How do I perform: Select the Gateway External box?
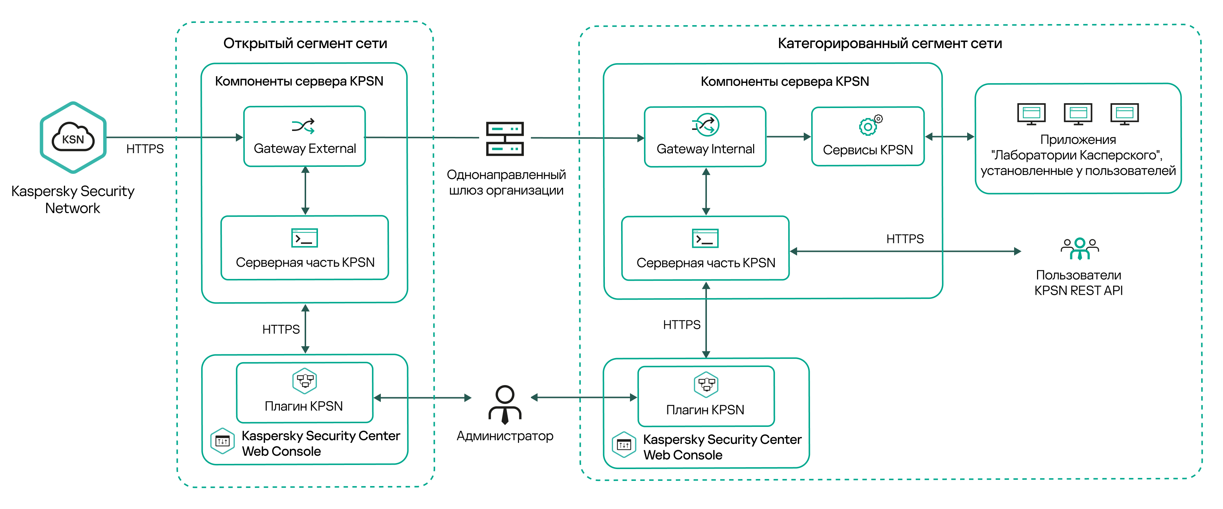304,136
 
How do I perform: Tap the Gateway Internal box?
705,137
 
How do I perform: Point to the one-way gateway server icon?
505,139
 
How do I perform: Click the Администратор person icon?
505,405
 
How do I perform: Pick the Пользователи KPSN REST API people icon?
1080,248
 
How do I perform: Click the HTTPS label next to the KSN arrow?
145,149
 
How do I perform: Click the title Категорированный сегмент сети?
889,44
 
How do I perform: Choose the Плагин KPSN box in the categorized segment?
705,397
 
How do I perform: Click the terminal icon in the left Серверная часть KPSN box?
304,238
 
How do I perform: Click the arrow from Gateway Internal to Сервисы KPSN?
788,137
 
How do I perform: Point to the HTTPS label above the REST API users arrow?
905,239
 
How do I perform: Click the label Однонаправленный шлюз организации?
506,182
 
